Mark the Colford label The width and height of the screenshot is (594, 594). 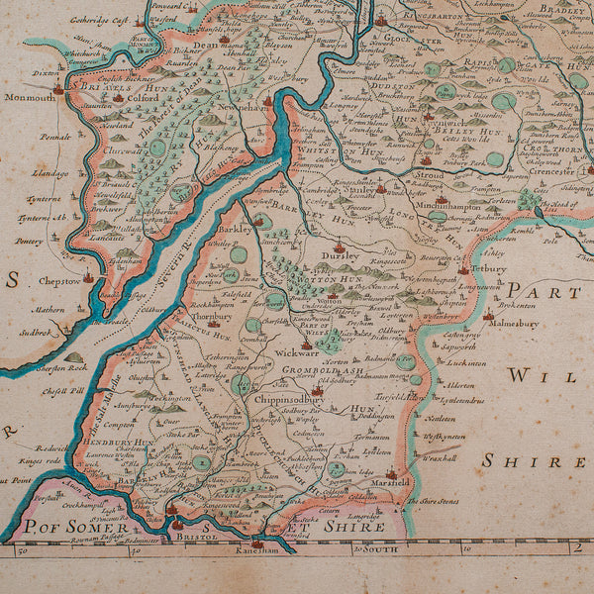[142, 98]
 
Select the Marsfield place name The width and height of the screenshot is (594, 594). [418, 484]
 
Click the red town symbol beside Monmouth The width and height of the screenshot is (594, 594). [59, 89]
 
